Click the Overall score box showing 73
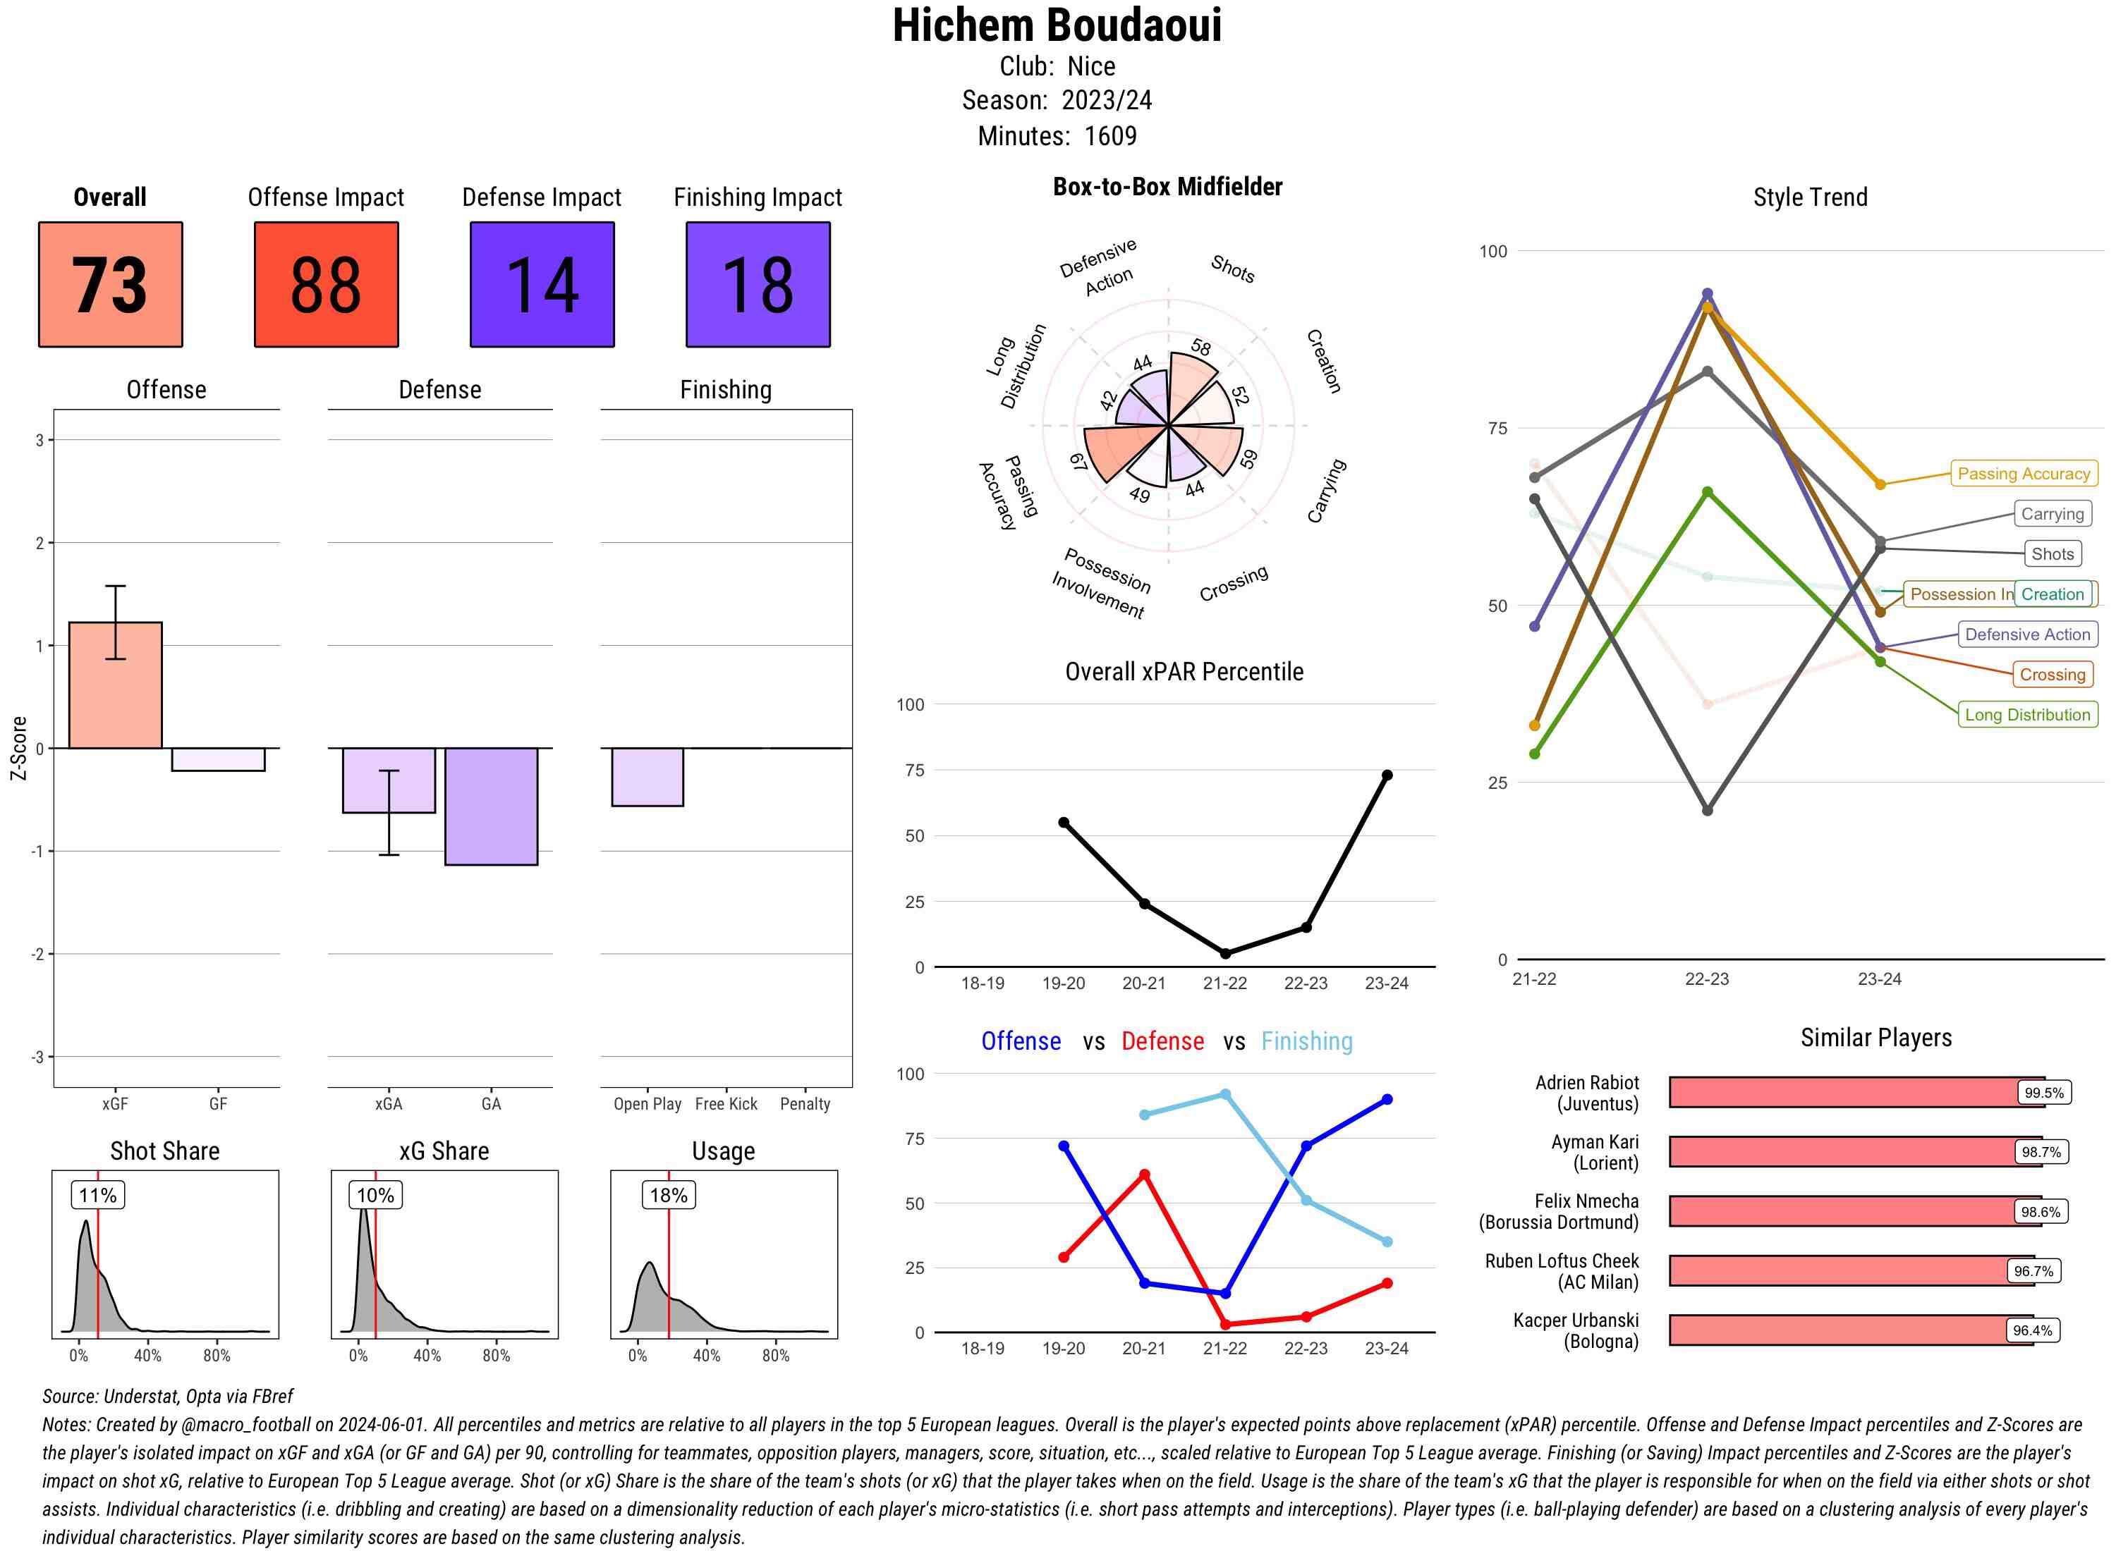[x=110, y=285]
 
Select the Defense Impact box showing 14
[x=542, y=285]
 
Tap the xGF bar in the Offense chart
[x=116, y=685]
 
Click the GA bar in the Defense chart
[x=491, y=807]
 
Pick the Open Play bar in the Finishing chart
[x=647, y=776]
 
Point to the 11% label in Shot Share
[x=97, y=1195]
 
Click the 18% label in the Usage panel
[x=669, y=1195]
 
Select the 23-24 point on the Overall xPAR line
[x=1387, y=775]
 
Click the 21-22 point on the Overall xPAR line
[x=1226, y=954]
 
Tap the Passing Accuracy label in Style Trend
[x=2024, y=474]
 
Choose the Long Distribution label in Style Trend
[x=2028, y=716]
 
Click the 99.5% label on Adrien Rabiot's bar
[x=2043, y=1093]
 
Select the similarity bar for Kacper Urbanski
[x=1850, y=1330]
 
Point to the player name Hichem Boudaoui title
[x=1057, y=25]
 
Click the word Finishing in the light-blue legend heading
[x=1306, y=1041]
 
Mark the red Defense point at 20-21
[x=1145, y=1175]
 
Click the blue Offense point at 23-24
[x=1387, y=1099]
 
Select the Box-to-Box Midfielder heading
[x=1167, y=187]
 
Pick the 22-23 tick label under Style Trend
[x=1706, y=979]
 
